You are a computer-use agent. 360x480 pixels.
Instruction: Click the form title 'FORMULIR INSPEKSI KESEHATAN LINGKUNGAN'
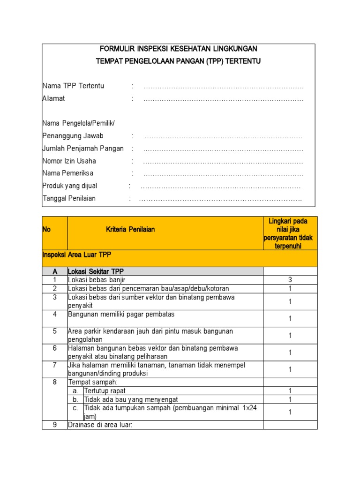(178, 49)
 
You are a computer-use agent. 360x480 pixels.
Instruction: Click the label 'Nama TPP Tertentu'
(73, 86)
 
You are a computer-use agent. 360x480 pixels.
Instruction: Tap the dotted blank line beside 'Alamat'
(223, 99)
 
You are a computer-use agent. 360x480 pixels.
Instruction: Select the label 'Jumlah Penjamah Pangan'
(83, 149)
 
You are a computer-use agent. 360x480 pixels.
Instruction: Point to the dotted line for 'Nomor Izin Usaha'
(223, 161)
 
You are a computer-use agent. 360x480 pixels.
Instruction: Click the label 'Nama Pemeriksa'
(67, 173)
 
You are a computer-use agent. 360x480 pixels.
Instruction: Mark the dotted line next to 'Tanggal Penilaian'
(220, 199)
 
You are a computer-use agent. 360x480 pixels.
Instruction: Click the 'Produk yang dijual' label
(70, 186)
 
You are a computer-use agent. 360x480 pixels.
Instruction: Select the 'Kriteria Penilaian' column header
(130, 229)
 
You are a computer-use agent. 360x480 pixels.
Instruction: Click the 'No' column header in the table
(46, 229)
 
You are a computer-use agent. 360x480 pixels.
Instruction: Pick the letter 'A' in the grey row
(55, 272)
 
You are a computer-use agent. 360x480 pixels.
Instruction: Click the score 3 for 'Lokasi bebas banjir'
(290, 280)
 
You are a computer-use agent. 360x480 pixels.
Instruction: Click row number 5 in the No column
(55, 331)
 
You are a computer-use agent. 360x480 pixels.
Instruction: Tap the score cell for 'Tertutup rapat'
(290, 391)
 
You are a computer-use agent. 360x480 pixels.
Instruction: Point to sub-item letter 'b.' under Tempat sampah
(75, 399)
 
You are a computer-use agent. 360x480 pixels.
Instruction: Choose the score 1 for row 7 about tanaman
(290, 369)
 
